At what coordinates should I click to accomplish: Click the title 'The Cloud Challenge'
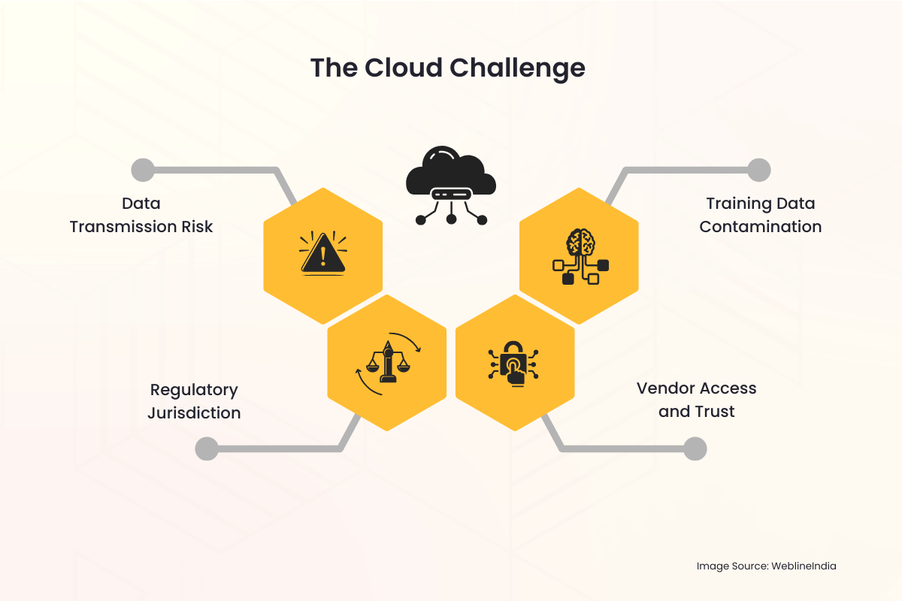pos(448,68)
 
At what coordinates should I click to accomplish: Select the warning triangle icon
pos(323,253)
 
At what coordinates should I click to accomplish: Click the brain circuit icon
pos(580,256)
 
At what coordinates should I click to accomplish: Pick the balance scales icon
pos(388,364)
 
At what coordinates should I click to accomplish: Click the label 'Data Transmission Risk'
pos(141,215)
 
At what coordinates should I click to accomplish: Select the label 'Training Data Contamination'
pos(760,215)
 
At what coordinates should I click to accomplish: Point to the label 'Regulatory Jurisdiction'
pos(194,401)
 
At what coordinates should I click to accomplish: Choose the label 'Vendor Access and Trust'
pos(696,400)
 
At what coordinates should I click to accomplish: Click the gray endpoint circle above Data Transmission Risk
pos(142,171)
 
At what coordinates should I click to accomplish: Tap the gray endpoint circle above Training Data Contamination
pos(759,171)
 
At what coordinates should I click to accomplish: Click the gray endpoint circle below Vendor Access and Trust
pos(695,449)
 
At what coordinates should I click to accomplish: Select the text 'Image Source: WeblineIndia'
pos(766,566)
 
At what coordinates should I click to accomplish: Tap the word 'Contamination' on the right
pos(760,226)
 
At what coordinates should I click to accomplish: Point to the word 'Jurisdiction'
pos(194,413)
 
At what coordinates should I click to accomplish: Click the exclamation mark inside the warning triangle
pos(323,256)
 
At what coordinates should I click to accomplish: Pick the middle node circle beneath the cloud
pos(451,219)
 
